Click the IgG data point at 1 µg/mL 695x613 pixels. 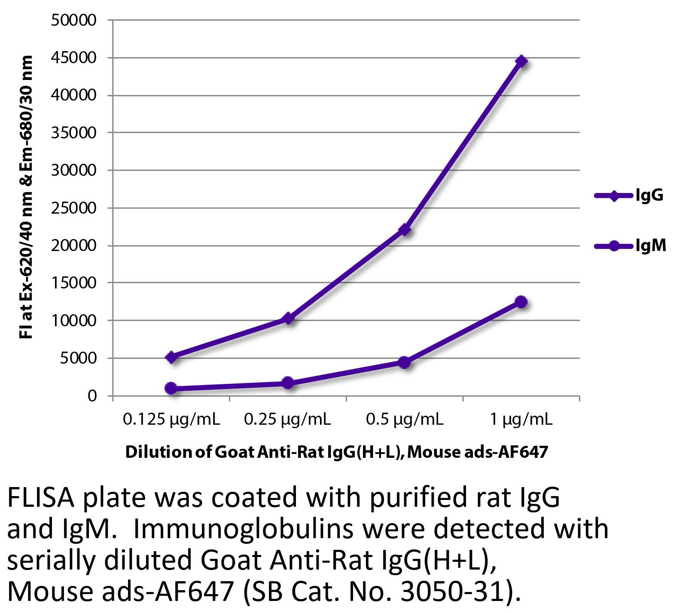(521, 61)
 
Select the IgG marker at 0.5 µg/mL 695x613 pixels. (404, 230)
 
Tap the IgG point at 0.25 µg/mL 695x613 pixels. (288, 318)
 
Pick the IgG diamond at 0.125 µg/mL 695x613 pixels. (171, 357)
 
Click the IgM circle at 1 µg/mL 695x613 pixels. (521, 302)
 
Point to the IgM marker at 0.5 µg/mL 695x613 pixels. (404, 362)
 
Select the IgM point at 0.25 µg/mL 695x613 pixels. (288, 383)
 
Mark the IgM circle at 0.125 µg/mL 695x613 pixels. (171, 388)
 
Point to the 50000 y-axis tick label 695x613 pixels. (74, 20)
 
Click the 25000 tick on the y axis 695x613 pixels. (74, 208)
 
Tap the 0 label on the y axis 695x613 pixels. (92, 396)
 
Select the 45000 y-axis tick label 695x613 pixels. (74, 58)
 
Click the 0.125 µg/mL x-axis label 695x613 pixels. (171, 420)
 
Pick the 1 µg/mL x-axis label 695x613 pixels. (521, 420)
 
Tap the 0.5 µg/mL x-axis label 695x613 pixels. (404, 420)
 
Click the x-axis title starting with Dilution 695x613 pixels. (336, 452)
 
